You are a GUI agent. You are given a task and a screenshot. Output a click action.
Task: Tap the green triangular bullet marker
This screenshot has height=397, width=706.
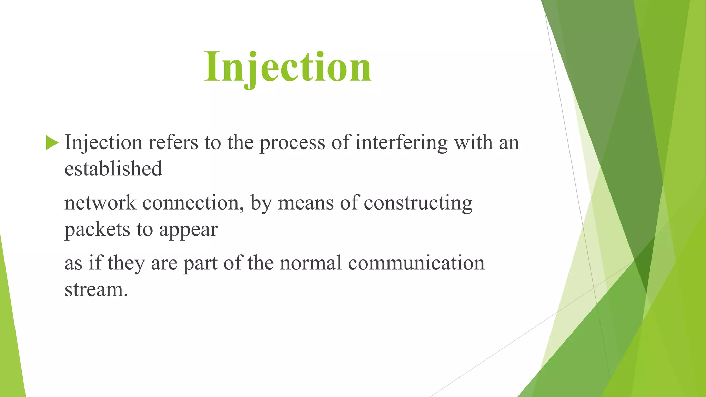click(52, 143)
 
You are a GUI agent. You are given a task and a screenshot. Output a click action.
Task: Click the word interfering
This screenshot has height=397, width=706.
click(401, 142)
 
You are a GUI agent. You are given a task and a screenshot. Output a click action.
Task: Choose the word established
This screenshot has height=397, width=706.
click(113, 169)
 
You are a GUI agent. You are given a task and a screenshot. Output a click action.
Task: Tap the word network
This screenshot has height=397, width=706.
click(100, 203)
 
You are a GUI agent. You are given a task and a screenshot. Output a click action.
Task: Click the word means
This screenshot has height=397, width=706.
click(305, 203)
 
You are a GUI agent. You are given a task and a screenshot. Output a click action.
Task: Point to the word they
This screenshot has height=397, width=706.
click(126, 263)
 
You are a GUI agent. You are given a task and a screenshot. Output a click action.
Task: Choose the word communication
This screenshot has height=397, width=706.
click(416, 263)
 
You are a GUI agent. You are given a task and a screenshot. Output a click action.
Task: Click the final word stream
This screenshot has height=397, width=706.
click(96, 289)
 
